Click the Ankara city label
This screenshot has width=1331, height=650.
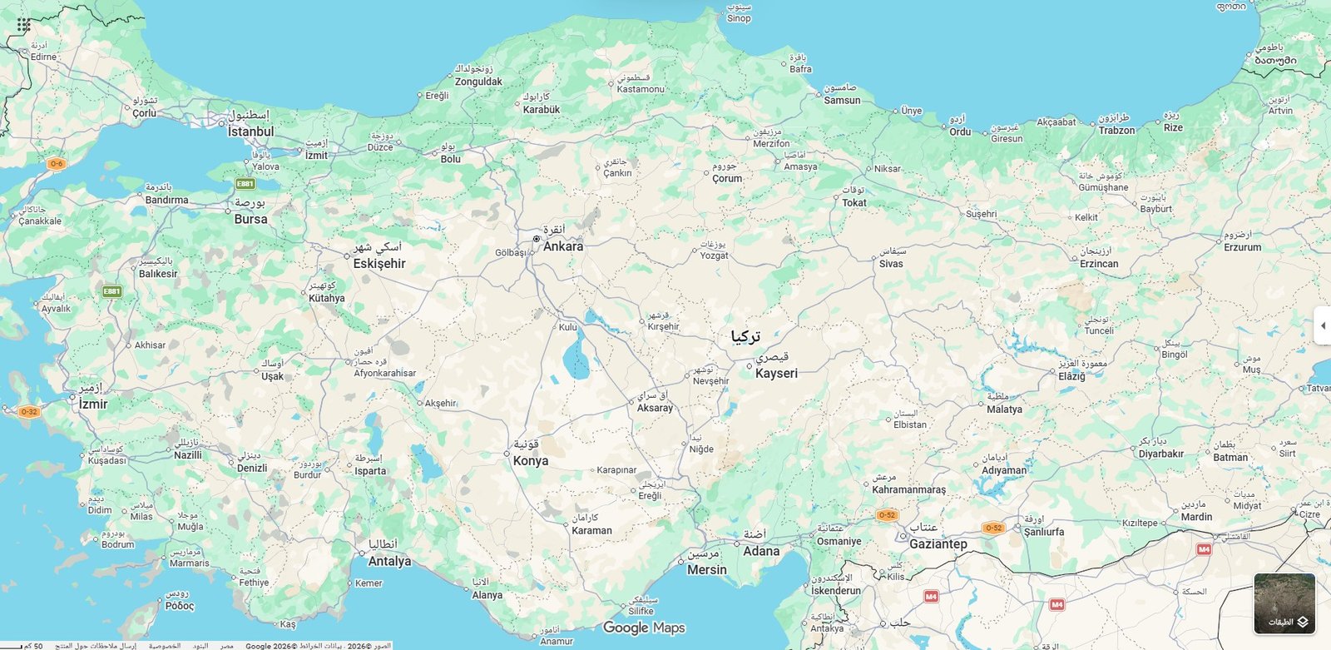coord(563,246)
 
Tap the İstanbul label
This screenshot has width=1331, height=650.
coord(250,131)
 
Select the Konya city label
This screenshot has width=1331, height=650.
coord(531,461)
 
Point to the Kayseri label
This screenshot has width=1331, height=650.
coord(776,373)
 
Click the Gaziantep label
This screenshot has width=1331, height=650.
coord(938,544)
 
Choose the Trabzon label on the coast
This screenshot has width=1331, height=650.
coord(1116,131)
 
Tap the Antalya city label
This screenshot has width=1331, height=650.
coord(389,561)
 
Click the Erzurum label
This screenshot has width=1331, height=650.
coord(1242,247)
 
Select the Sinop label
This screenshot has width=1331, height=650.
coord(739,18)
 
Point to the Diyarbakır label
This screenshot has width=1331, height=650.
coord(1160,454)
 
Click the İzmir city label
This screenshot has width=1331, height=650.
coord(93,404)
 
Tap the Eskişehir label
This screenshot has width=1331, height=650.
coord(379,264)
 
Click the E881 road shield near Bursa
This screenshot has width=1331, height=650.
coord(245,184)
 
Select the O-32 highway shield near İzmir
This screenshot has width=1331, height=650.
coord(29,411)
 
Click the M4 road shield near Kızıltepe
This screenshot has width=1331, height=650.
coord(1203,549)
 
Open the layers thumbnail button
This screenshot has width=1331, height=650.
coord(1284,603)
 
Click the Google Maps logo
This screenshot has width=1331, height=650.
coord(644,628)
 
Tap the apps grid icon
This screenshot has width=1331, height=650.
coord(24,25)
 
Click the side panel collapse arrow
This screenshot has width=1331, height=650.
coord(1323,325)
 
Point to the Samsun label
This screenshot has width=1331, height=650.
coord(842,101)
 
